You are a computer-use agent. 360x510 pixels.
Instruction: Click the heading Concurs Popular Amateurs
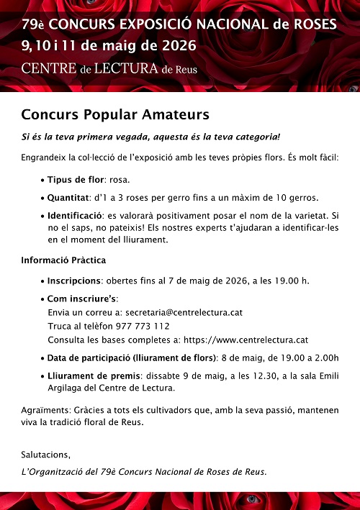(115, 115)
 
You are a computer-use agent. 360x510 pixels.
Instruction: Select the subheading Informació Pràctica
(64, 260)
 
